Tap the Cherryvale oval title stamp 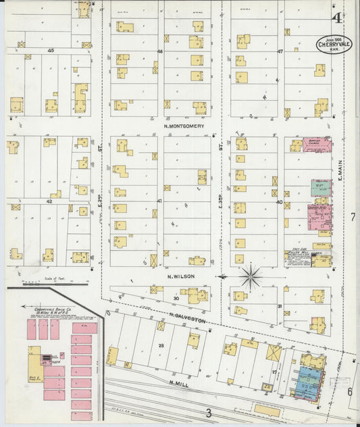point(334,45)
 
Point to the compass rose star point(251,277)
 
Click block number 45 point(50,51)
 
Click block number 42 point(49,201)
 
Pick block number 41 point(160,201)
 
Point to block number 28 point(161,345)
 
